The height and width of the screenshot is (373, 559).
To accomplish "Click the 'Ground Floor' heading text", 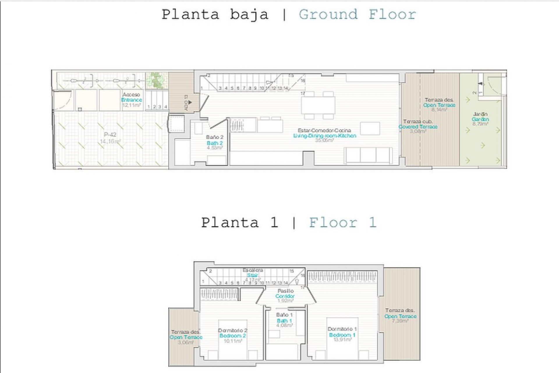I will pos(357,15).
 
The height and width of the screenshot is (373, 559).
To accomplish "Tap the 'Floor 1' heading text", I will pos(343,223).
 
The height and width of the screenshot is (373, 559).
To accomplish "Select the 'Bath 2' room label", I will pos(215,143).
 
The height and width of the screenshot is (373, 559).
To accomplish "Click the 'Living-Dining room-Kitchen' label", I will pos(324,136).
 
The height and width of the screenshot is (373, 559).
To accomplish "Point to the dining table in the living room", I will pos(318,105).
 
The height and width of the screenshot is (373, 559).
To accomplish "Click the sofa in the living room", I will pos(368,155).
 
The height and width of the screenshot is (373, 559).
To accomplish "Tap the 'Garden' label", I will pos(480,119).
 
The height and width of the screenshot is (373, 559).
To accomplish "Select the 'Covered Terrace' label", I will pos(418,127).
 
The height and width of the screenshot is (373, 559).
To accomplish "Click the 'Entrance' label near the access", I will pos(131,100).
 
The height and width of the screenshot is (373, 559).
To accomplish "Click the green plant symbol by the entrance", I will pos(157,80).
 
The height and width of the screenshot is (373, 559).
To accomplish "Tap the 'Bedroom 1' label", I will pos(342,335).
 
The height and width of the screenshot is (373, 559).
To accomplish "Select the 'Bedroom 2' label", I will pos(232,336).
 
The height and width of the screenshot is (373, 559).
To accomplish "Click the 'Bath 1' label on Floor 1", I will pos(284,321).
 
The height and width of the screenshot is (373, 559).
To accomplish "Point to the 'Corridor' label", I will pos(285,296).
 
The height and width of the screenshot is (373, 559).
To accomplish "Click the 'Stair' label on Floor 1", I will pos(252,275).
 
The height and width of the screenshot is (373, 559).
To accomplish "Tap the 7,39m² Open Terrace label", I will pos(400,316).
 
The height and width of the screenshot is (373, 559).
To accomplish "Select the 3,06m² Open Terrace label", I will pos(186,337).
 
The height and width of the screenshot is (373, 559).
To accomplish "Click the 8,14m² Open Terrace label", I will pos(439,105).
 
